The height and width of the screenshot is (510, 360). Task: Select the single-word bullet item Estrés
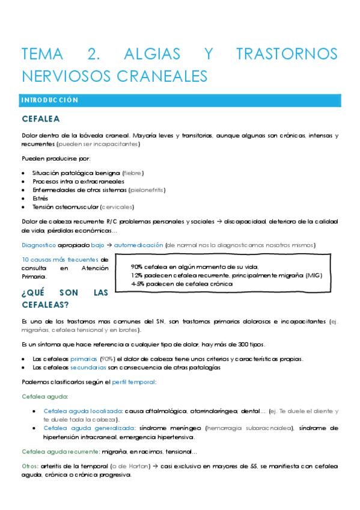[41, 198]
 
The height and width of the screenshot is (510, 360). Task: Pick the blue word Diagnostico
[39, 245]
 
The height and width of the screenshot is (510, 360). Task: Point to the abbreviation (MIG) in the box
[313, 275]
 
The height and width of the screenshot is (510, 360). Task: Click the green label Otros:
[31, 466]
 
